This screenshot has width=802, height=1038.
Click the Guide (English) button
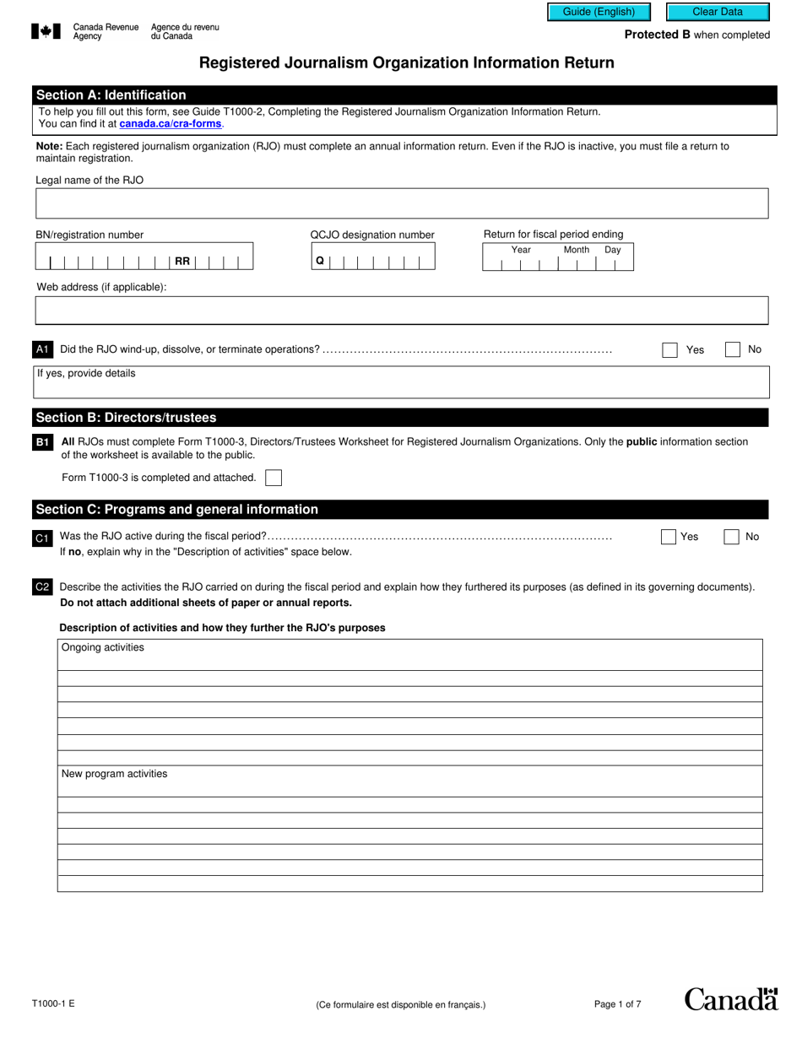(599, 12)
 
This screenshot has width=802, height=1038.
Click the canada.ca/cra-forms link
(171, 124)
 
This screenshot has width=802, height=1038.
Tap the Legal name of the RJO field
(402, 203)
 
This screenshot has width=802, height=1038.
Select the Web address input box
(402, 311)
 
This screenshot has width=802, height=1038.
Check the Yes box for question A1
(669, 350)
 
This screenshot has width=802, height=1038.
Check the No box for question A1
(733, 349)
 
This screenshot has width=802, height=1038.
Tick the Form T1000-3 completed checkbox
(274, 478)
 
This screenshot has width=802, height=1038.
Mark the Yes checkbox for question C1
(669, 537)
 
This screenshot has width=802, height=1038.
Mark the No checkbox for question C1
(732, 537)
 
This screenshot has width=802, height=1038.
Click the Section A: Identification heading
(111, 95)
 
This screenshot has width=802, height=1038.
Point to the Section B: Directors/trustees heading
(126, 418)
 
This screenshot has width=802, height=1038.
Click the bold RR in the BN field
(182, 262)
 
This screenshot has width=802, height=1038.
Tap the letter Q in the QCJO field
(320, 262)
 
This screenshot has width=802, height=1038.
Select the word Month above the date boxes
(577, 250)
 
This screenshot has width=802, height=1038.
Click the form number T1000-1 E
(53, 1004)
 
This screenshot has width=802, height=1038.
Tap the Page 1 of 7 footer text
(617, 1004)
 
